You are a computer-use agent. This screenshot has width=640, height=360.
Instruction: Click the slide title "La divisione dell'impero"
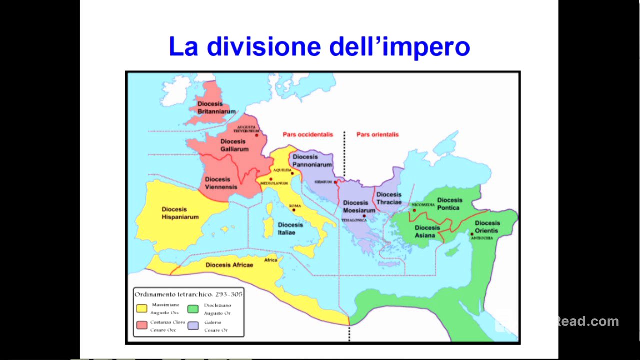[319, 46]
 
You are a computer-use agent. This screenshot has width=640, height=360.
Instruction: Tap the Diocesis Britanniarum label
[216, 107]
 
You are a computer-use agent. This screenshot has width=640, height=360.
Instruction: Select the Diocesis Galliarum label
[234, 145]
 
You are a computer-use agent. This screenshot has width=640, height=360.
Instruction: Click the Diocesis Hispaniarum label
[180, 213]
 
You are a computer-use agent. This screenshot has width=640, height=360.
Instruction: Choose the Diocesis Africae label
[229, 265]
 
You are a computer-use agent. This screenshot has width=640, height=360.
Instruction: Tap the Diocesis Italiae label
[290, 228]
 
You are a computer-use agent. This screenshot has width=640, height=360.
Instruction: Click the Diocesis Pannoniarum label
[312, 160]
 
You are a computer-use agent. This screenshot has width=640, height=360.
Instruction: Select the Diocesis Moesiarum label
[358, 206]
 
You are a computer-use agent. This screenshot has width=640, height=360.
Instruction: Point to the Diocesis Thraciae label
[389, 198]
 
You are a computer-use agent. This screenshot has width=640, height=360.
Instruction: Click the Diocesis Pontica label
[449, 204]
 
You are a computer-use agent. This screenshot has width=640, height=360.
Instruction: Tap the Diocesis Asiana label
[427, 231]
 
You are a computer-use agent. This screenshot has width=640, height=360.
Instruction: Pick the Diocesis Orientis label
[487, 227]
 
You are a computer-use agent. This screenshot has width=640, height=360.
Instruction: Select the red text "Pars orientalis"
[377, 134]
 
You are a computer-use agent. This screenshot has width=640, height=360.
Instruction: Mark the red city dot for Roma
[294, 210]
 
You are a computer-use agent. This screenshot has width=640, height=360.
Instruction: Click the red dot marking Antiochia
[472, 234]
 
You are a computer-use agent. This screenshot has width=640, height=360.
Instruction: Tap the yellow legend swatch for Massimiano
[142, 308]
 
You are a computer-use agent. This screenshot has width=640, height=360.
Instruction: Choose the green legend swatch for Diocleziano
[193, 308]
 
